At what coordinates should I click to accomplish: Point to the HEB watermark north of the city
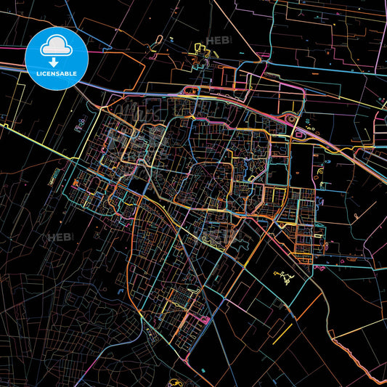218,41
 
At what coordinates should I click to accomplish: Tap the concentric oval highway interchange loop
291,119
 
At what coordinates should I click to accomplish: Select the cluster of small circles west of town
79,129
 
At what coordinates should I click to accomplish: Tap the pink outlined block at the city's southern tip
204,319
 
